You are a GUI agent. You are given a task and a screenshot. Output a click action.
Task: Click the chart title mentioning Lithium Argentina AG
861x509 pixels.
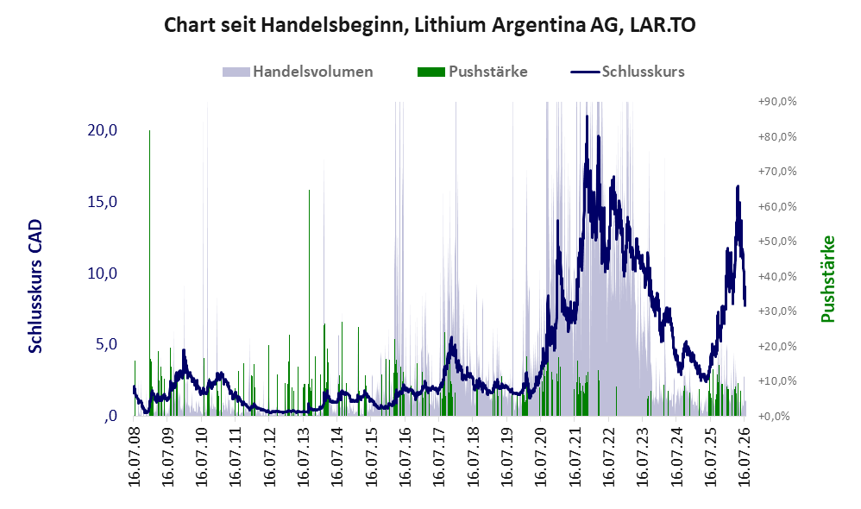[430, 25]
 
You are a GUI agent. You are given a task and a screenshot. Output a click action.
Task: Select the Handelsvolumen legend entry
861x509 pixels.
[298, 72]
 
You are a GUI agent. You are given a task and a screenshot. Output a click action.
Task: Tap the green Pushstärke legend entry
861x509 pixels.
[472, 72]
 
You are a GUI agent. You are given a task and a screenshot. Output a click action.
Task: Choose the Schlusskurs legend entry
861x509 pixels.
[627, 72]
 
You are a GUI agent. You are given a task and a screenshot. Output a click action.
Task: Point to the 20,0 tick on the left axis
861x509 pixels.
[102, 130]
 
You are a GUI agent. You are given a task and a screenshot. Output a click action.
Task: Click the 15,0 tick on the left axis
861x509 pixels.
[102, 202]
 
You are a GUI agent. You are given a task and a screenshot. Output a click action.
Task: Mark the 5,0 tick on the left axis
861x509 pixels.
[106, 344]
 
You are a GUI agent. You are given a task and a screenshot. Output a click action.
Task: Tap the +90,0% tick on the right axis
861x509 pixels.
[777, 102]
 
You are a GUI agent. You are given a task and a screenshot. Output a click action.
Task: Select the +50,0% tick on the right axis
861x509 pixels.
[777, 242]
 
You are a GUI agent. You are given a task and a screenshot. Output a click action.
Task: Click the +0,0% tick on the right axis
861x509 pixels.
[774, 416]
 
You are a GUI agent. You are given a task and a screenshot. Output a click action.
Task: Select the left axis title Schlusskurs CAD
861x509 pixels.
[35, 286]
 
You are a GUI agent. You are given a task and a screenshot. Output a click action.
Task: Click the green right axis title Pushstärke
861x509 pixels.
[827, 279]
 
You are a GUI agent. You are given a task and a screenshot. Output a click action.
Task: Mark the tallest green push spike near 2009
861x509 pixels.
[150, 273]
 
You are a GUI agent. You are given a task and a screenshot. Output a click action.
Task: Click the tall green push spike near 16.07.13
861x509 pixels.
[309, 303]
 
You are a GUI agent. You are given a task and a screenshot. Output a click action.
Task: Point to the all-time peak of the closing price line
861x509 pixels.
[587, 116]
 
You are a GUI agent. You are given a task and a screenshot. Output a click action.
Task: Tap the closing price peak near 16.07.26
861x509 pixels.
[738, 186]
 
